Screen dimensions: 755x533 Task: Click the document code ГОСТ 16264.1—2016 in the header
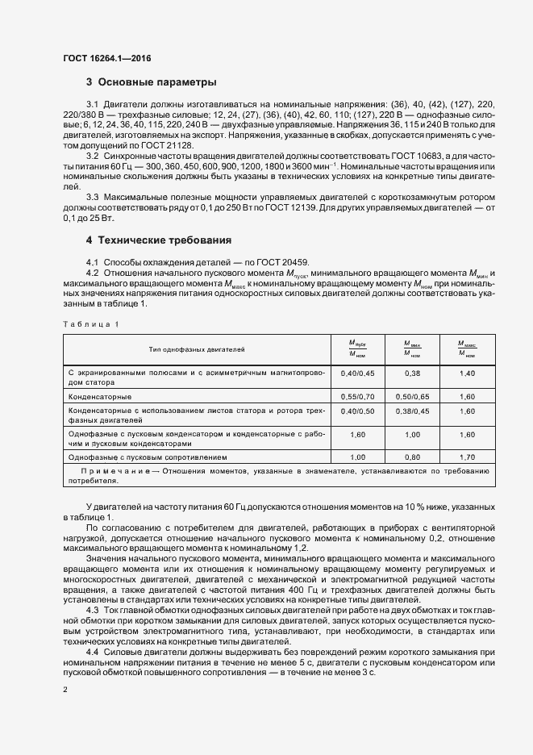[106, 58]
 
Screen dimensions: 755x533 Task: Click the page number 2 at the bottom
[65, 689]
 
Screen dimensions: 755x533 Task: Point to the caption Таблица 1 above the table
[90, 323]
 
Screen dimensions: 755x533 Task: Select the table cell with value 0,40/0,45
[358, 373]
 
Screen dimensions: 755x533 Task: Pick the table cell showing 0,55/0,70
[358, 397]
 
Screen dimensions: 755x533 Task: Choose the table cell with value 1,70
[467, 457]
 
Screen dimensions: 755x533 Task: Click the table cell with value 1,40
[467, 373]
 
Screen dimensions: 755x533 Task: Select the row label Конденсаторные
[100, 397]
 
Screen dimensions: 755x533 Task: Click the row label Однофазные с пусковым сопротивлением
[143, 457]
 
